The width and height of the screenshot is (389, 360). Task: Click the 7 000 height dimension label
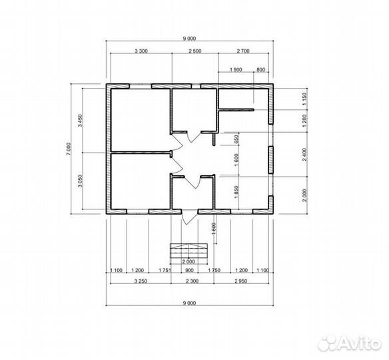tap(69, 149)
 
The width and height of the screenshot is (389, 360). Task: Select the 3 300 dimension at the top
tap(141, 51)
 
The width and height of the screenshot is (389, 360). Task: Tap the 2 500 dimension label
tap(195, 51)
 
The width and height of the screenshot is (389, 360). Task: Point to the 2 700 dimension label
tap(243, 51)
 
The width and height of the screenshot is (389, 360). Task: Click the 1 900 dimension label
tap(236, 70)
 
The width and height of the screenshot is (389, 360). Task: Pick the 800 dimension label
tap(260, 70)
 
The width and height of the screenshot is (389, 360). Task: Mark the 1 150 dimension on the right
tap(305, 99)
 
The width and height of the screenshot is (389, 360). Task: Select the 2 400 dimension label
tap(305, 155)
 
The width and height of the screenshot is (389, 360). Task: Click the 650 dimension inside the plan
tap(236, 139)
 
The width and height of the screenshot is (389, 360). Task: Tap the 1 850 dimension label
tap(236, 192)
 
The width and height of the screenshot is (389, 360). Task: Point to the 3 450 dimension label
tap(80, 121)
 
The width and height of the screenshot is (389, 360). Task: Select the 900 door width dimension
tap(190, 270)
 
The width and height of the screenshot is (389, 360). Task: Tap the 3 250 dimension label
tap(141, 281)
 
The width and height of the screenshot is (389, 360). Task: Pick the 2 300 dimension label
tap(193, 281)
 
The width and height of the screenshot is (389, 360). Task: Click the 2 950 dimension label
tap(241, 281)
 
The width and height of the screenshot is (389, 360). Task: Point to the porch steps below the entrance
tap(189, 251)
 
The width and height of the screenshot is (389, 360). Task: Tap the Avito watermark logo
tap(350, 343)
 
